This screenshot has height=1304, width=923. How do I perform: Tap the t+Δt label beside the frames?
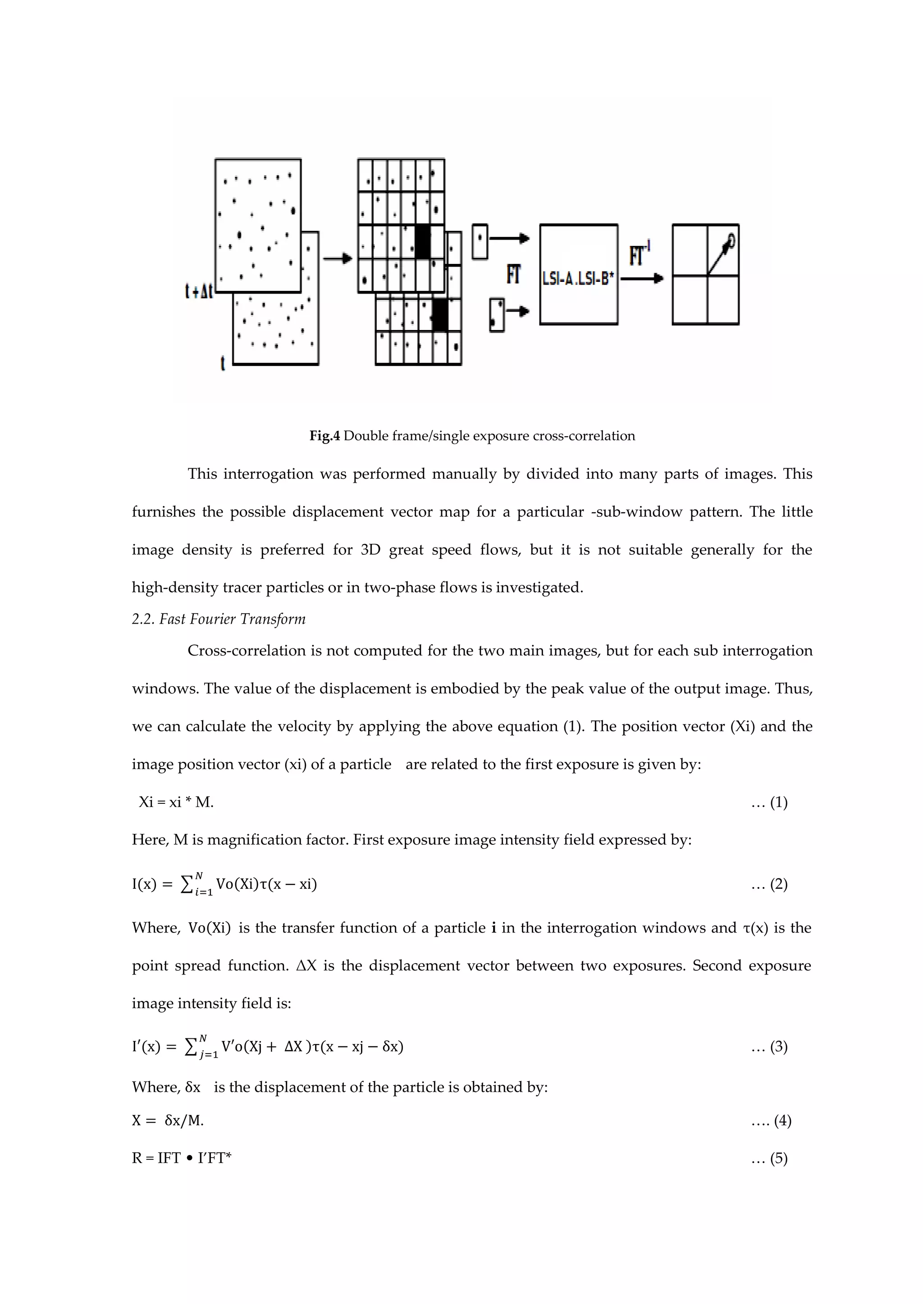(x=199, y=292)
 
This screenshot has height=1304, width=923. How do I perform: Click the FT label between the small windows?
(x=513, y=275)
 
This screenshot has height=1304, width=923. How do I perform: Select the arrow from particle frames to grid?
(x=338, y=259)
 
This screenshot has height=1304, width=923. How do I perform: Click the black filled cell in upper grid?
(x=422, y=242)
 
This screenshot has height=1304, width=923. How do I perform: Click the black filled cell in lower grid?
(x=439, y=314)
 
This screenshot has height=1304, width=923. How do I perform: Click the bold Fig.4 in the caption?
(x=324, y=435)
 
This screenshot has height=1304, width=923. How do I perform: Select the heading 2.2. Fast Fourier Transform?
(x=219, y=619)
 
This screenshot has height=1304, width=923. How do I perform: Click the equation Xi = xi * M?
(x=176, y=802)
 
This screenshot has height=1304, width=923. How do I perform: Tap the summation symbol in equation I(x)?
(x=186, y=884)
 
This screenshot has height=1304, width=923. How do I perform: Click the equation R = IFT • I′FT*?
(x=182, y=1158)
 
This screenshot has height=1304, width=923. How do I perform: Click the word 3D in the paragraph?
(x=370, y=549)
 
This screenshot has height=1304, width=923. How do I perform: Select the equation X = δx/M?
(x=168, y=1121)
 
